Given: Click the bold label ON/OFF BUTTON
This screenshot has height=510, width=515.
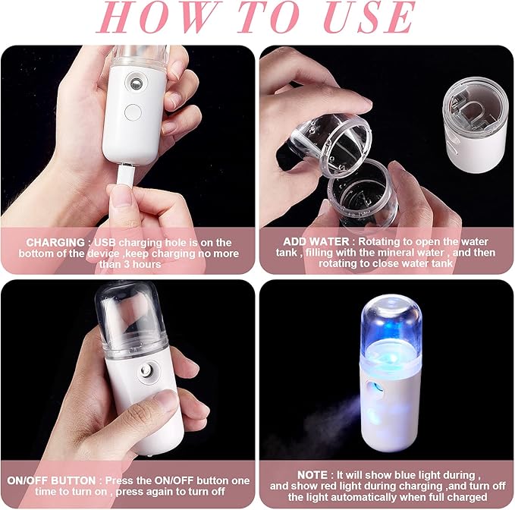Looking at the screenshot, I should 52,480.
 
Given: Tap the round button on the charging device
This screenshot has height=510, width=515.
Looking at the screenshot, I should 133,112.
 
